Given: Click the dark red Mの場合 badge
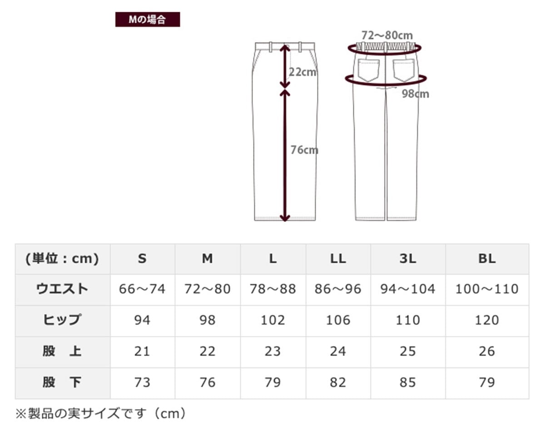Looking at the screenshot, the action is (148, 19).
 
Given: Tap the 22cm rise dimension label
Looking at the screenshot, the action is (302, 72).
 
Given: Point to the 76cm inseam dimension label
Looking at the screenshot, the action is (304, 150).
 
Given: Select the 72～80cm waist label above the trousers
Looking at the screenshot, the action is (387, 35).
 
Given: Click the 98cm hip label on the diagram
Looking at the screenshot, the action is (415, 94).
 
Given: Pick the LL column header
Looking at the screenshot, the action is (338, 259).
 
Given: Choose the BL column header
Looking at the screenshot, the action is (487, 259).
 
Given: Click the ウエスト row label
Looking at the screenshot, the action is (62, 289).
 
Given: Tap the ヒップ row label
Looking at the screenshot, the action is (62, 320).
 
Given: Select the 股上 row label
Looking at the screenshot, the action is (62, 351).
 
